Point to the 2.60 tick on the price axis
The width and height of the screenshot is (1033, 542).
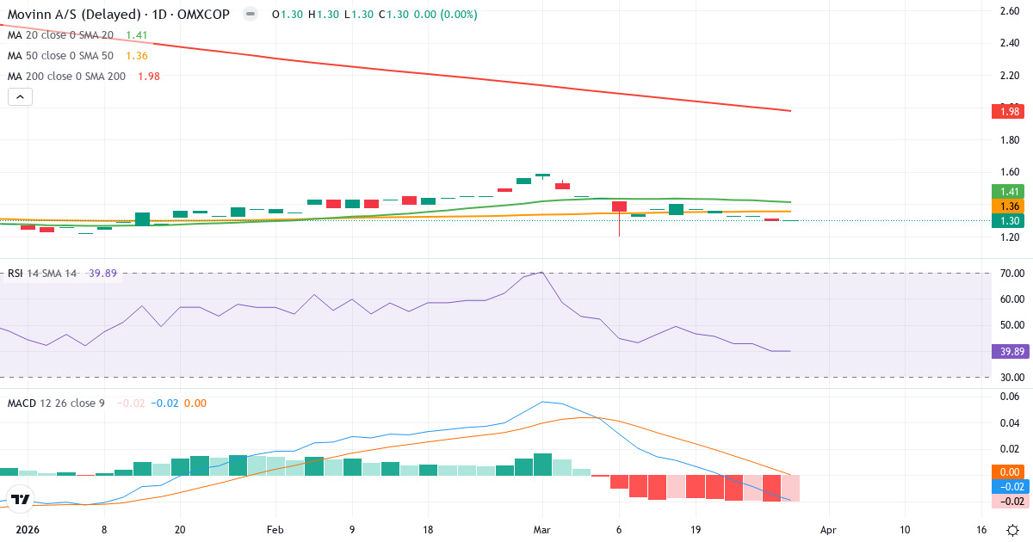tap(1010, 11)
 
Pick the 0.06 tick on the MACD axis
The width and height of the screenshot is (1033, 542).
tap(1010, 397)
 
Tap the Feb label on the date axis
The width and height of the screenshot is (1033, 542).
tap(275, 530)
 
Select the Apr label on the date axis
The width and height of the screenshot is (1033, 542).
tap(828, 530)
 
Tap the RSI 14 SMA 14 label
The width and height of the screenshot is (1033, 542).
tap(41, 274)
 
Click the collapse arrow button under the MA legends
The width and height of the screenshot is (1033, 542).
tap(20, 97)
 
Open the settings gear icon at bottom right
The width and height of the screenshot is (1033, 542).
tap(1014, 530)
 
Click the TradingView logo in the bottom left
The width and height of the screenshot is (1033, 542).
tap(19, 499)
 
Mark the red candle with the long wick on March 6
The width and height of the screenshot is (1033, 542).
tap(619, 207)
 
